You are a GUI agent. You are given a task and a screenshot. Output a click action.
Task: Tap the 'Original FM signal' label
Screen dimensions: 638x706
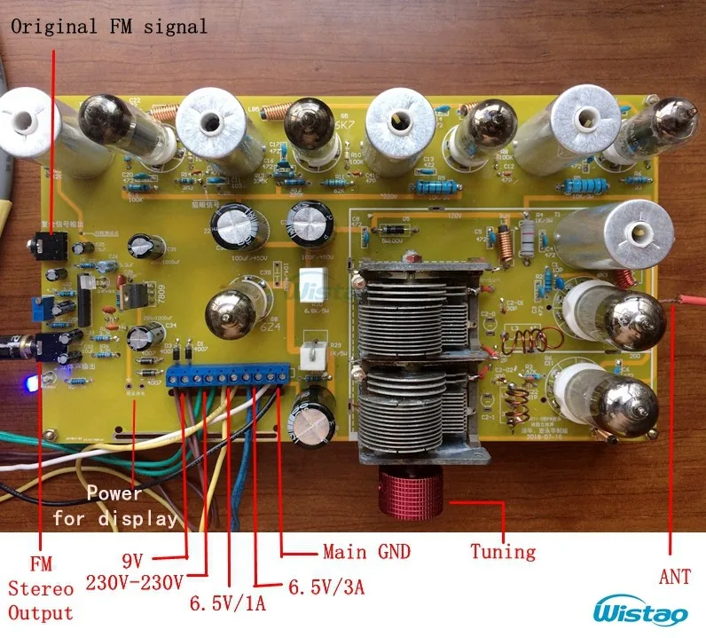pyautogui.click(x=109, y=26)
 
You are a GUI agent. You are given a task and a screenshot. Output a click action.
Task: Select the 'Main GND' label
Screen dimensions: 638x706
pyautogui.click(x=366, y=552)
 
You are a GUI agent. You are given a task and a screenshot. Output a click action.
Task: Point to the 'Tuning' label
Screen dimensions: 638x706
pyautogui.click(x=503, y=552)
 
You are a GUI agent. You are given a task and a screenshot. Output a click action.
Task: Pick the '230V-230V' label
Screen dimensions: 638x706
pyautogui.click(x=135, y=582)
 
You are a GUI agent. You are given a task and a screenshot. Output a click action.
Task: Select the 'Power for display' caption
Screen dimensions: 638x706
pyautogui.click(x=114, y=506)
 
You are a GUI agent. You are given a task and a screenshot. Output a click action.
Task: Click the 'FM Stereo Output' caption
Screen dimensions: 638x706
pyautogui.click(x=41, y=587)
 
